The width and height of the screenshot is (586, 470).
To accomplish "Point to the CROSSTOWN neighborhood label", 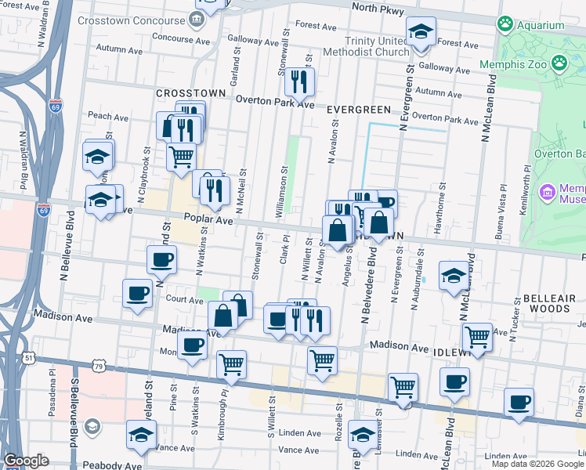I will [191, 92].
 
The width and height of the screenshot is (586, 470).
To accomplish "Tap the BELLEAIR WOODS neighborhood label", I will [548, 303].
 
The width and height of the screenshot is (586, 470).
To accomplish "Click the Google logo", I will [26, 461].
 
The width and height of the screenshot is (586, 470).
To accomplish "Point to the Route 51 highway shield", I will [29, 358].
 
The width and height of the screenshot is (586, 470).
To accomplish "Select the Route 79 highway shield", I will [98, 366].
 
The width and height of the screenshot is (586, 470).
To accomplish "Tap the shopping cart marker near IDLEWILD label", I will [477, 337].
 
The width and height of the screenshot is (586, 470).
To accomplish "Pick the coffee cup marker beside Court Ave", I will [137, 294].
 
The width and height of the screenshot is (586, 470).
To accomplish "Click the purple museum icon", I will [547, 191].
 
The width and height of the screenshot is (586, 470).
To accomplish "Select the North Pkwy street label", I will [378, 9].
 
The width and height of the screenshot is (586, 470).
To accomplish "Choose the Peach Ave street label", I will [108, 117].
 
